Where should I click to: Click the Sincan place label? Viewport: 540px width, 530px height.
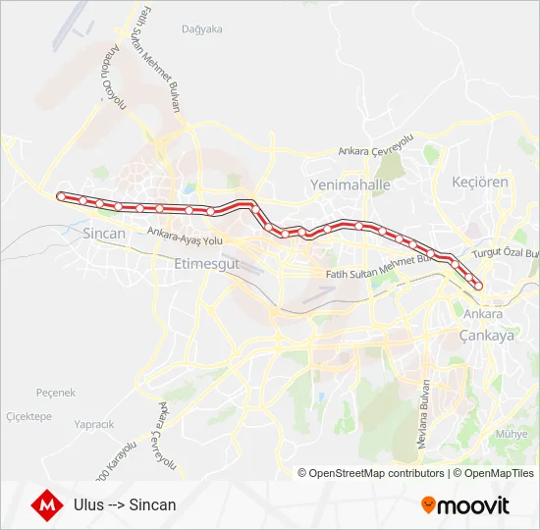click(105, 234)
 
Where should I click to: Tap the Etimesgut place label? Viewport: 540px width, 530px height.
click(205, 264)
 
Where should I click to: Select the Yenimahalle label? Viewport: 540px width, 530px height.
click(350, 185)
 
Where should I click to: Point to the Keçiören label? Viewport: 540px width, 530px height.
click(479, 183)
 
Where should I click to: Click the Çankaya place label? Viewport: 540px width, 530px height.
click(487, 335)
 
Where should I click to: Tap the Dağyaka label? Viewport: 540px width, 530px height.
click(202, 28)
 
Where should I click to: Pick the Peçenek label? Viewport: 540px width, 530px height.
click(55, 393)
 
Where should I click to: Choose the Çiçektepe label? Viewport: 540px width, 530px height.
click(28, 416)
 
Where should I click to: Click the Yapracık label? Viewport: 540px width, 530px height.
click(94, 424)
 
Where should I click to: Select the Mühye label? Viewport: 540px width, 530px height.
click(512, 434)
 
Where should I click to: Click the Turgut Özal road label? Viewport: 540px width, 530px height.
click(506, 253)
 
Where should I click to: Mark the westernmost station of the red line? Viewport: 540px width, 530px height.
click(61, 196)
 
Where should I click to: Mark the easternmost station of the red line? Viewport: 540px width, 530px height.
click(479, 286)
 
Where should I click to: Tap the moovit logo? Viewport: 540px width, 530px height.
click(465, 505)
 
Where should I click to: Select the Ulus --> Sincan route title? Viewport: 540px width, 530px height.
click(125, 505)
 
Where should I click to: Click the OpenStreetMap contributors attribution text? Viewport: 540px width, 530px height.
click(377, 473)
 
